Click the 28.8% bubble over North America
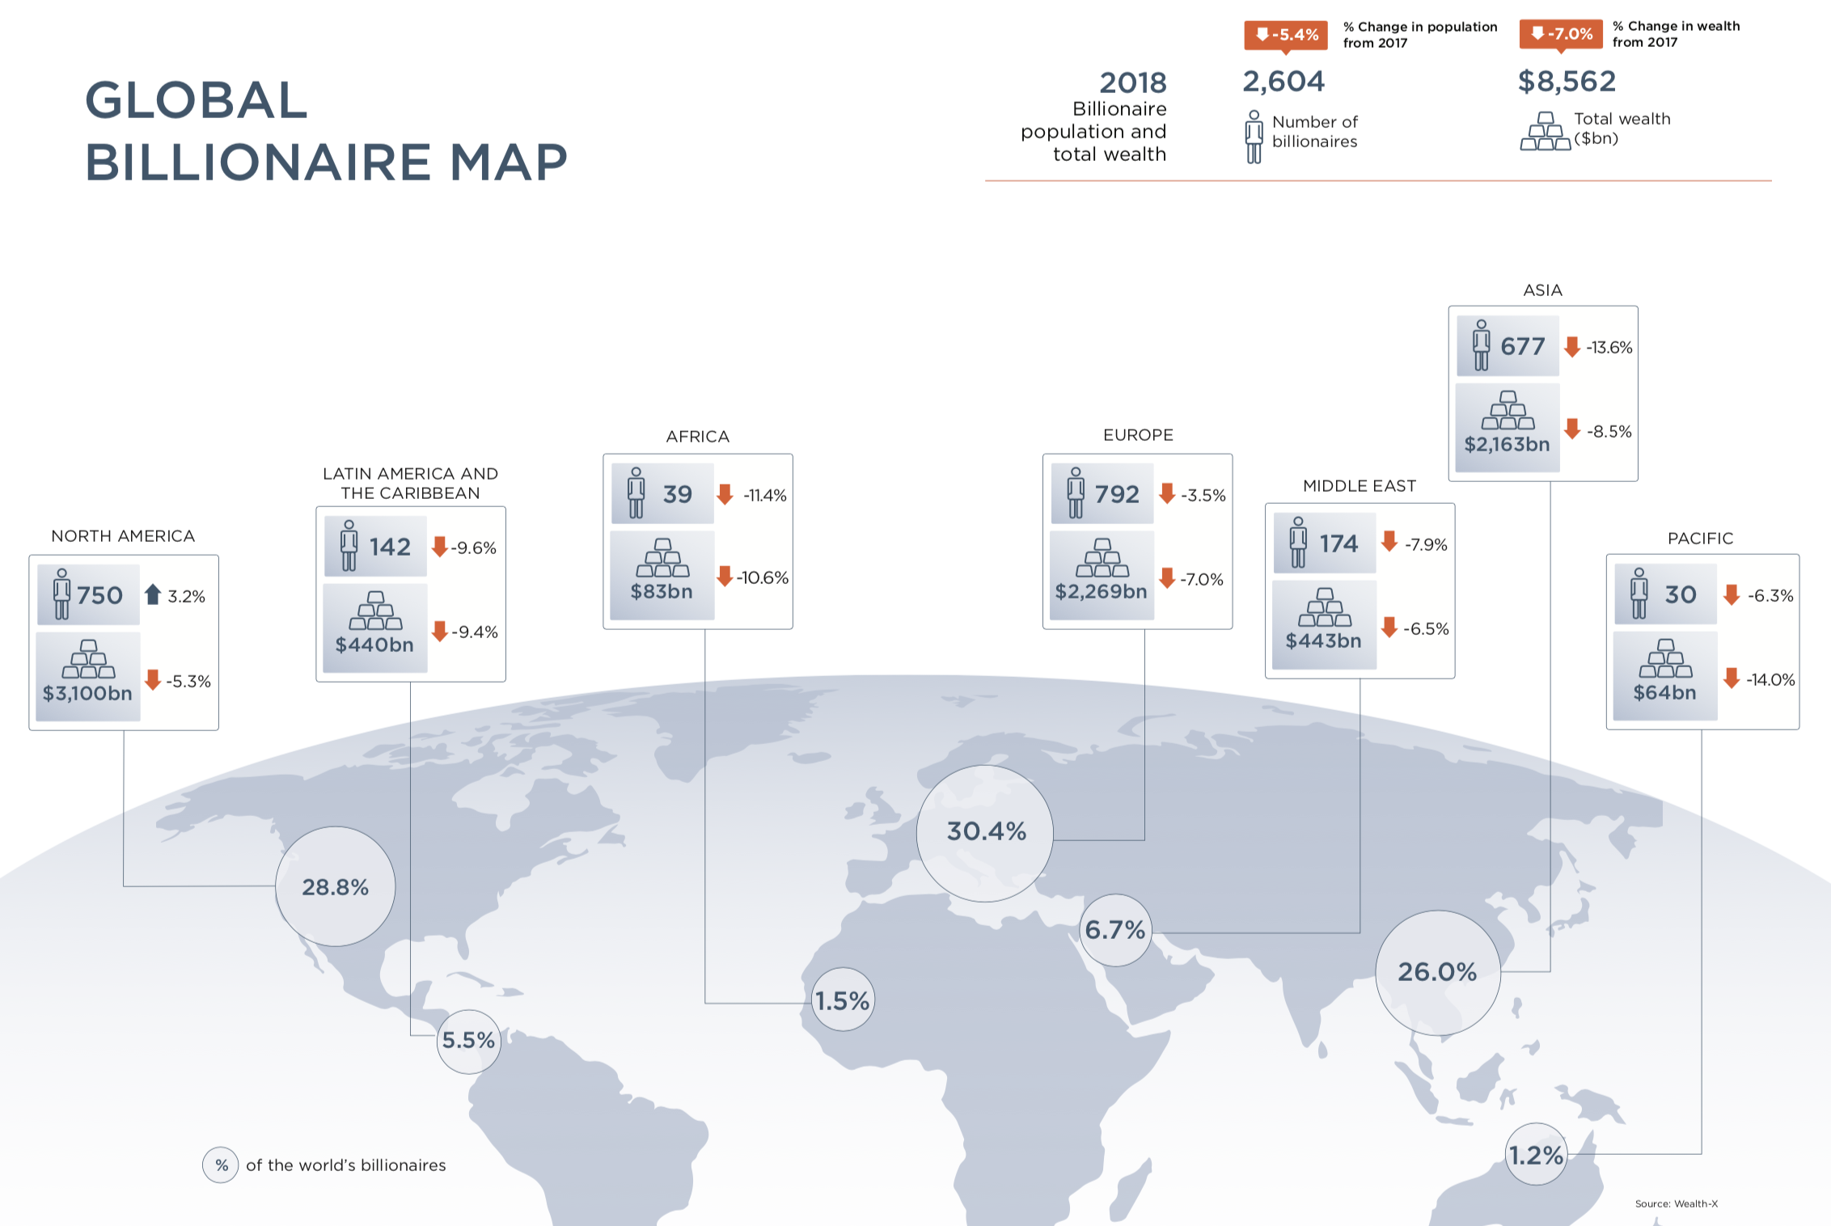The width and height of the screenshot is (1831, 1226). [335, 886]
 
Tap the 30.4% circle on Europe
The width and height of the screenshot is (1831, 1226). [985, 833]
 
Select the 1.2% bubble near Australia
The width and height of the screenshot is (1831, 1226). [1537, 1154]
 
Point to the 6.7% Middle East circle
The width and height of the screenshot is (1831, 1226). [1115, 930]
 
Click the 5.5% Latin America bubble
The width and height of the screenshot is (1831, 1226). [469, 1041]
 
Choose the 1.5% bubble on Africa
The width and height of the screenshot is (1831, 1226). [843, 1000]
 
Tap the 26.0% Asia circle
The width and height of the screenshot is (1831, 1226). [1438, 972]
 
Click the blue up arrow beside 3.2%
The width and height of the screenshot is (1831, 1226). [153, 594]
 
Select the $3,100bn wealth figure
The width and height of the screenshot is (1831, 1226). [87, 693]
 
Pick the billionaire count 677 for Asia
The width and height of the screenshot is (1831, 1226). [1523, 347]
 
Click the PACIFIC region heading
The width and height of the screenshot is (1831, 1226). [1700, 539]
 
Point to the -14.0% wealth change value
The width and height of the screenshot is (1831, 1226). [1770, 679]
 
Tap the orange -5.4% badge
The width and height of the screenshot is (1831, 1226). [1286, 35]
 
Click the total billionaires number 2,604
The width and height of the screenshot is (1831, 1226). [1283, 81]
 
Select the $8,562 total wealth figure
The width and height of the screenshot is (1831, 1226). [1567, 81]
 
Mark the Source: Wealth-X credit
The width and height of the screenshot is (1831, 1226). [1676, 1203]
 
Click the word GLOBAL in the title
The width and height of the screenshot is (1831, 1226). [197, 100]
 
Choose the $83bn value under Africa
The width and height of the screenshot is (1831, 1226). [662, 591]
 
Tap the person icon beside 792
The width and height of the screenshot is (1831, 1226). [1075, 492]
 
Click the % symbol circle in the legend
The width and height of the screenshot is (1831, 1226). [221, 1165]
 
